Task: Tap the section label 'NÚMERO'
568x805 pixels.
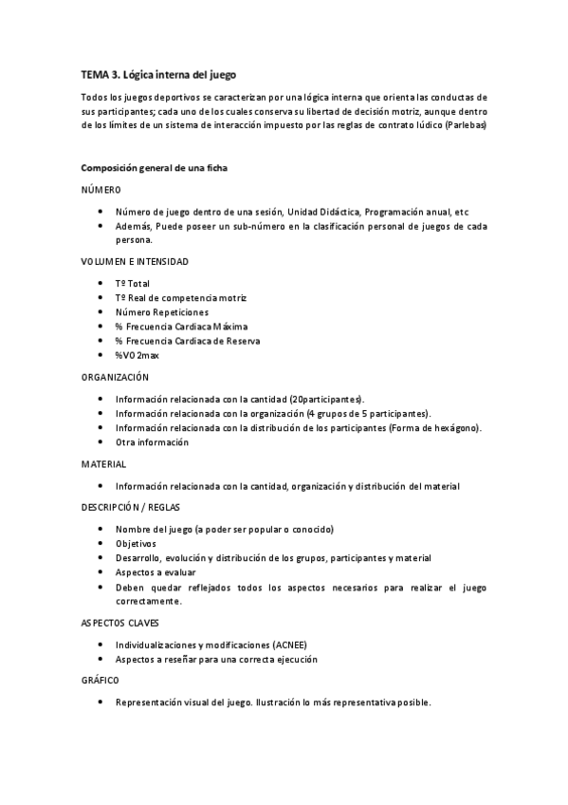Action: (101, 190)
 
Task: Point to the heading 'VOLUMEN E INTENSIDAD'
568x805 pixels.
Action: (135, 261)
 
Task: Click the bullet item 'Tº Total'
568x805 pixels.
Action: (133, 283)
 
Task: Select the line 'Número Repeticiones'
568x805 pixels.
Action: (162, 311)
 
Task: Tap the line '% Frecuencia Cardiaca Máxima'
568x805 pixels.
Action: (181, 326)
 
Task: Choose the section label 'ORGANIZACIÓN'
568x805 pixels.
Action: (116, 377)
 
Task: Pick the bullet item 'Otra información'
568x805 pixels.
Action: (152, 441)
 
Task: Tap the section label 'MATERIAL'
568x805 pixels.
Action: (104, 463)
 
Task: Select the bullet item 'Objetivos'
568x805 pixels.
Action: (136, 543)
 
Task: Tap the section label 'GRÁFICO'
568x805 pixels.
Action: (101, 681)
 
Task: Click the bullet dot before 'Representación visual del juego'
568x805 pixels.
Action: (101, 703)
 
